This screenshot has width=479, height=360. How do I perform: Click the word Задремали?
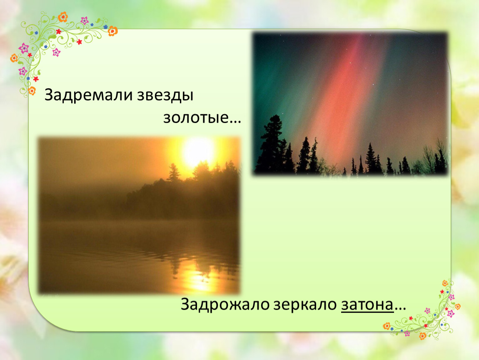[89, 95]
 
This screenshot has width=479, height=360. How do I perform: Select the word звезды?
[165, 95]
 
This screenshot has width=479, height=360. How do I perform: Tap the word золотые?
[196, 117]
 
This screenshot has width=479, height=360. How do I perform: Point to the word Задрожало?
[225, 305]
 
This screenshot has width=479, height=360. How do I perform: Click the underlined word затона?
[367, 305]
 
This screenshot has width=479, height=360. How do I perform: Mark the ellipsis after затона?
[400, 309]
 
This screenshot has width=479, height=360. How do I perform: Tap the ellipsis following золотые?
[235, 122]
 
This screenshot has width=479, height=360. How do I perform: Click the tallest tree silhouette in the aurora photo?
[272, 144]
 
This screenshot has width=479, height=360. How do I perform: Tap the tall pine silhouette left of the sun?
[174, 172]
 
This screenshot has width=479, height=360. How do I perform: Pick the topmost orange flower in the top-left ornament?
[62, 17]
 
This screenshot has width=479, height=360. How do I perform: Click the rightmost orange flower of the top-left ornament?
[113, 31]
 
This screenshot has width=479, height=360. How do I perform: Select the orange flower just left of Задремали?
[32, 91]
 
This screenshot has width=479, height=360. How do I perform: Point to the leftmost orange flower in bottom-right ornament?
[387, 326]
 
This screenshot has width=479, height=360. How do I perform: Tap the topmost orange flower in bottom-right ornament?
[445, 283]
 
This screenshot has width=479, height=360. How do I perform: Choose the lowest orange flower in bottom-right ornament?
[423, 336]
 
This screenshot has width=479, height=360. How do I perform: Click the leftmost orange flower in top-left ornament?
[14, 58]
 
